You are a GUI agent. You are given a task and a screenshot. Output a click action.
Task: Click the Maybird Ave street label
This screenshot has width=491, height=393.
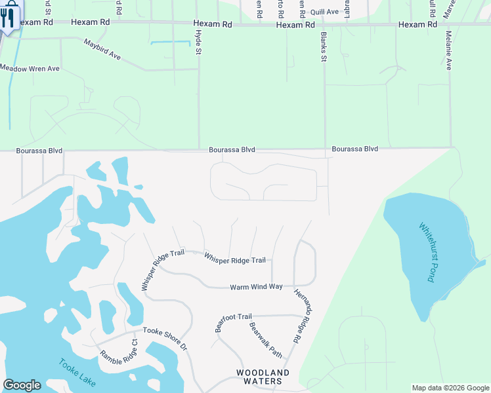click(102, 50)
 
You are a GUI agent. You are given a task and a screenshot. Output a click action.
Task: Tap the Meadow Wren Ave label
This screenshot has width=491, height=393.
click(30, 68)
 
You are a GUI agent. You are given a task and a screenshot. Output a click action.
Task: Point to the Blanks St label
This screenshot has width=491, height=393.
click(324, 47)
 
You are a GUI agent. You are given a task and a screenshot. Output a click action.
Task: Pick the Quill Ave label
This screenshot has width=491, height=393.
click(324, 12)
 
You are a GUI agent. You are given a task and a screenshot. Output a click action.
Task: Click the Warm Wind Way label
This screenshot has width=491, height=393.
click(256, 287)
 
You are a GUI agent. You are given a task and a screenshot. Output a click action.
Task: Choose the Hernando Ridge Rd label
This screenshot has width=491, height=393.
click(305, 316)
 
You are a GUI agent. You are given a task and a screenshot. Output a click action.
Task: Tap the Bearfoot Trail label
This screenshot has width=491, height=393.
click(233, 322)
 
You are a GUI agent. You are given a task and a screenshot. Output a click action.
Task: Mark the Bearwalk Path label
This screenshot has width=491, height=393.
click(265, 341)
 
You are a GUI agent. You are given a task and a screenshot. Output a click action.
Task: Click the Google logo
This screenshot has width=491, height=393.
click(22, 385)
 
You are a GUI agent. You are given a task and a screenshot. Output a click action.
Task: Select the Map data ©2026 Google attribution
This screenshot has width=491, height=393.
click(450, 388)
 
